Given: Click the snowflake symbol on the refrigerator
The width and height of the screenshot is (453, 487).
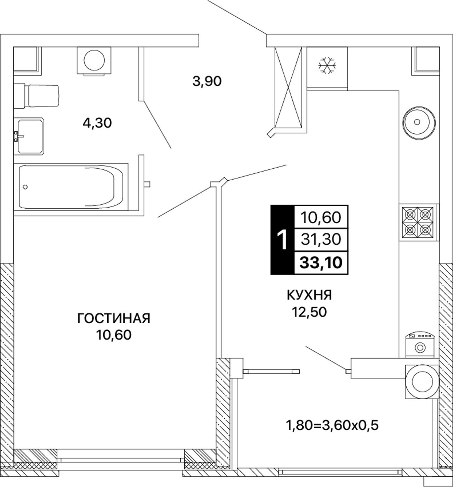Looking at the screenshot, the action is pyautogui.click(x=327, y=65).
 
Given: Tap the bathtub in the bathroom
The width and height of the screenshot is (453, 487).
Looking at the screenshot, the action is pyautogui.click(x=71, y=187).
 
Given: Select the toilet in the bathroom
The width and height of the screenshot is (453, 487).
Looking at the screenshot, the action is pyautogui.click(x=36, y=96).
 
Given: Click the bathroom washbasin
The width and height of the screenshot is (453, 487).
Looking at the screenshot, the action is pyautogui.click(x=29, y=137).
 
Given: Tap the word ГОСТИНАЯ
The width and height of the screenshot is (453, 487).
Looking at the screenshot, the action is pyautogui.click(x=114, y=319).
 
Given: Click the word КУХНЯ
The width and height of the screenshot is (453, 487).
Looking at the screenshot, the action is pyautogui.click(x=309, y=295).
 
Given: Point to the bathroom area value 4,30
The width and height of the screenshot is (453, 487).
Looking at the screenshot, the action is pyautogui.click(x=97, y=123).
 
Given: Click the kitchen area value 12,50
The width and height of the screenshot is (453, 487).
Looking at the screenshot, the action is pyautogui.click(x=309, y=312).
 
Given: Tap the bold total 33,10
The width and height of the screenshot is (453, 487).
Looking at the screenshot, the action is pyautogui.click(x=321, y=263).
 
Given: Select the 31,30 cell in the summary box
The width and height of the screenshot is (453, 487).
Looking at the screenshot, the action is pyautogui.click(x=321, y=239).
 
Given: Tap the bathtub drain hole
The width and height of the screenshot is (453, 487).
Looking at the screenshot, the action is pyautogui.click(x=25, y=187).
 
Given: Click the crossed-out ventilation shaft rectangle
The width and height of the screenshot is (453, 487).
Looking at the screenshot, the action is pyautogui.click(x=288, y=87).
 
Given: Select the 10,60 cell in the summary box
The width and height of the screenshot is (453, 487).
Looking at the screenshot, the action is pyautogui.click(x=321, y=217).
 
